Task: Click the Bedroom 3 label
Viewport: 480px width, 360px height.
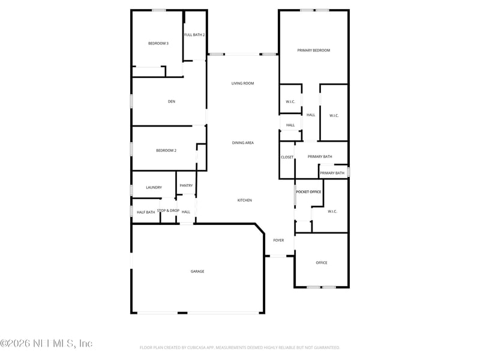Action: pos(158,43)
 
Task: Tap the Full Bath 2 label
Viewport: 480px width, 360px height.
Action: pos(194,35)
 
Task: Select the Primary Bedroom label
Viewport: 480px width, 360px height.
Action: pos(313,50)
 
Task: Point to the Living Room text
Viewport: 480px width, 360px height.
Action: pos(242,83)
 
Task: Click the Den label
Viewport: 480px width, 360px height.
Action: pos(172,101)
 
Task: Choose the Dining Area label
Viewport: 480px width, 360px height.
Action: pos(243,143)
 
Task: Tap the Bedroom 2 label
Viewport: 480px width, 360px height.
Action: pos(166,151)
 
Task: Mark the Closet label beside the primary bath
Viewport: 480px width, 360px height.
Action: pos(287,157)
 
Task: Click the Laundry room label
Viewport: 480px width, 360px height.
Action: pos(154,188)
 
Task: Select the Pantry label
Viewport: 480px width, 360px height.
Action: pos(186,185)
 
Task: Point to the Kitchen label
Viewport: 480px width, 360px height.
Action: pos(244,200)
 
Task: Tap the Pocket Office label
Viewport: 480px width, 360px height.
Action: pos(308,191)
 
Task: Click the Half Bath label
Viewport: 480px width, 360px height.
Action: pos(146,212)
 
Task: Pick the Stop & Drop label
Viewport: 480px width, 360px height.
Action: pos(168,211)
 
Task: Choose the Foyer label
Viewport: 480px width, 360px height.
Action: pos(278,241)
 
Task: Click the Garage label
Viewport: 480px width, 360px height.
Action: pos(197,271)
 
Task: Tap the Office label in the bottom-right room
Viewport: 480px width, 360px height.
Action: pos(322,263)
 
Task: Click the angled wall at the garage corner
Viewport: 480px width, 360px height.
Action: pos(260,230)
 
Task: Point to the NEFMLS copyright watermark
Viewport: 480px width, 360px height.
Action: pos(46,343)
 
